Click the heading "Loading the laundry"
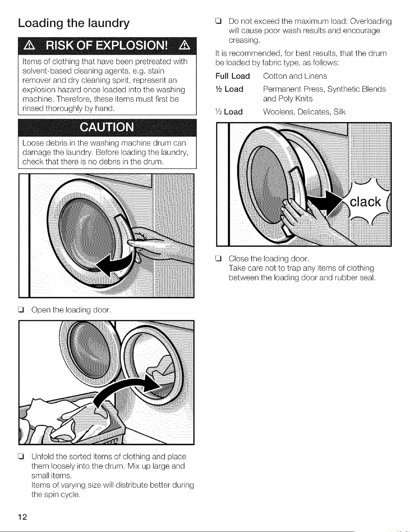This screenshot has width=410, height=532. pyautogui.click(x=74, y=24)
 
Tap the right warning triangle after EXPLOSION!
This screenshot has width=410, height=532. pyautogui.click(x=184, y=46)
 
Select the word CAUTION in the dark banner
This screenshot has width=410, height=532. pyautogui.click(x=107, y=127)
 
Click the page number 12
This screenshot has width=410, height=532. pyautogui.click(x=22, y=516)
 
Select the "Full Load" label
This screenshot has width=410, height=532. pyautogui.click(x=233, y=76)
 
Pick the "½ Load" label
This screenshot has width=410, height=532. pyautogui.click(x=229, y=89)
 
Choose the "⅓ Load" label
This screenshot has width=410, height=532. pyautogui.click(x=229, y=112)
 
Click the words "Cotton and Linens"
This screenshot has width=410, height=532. pyautogui.click(x=295, y=76)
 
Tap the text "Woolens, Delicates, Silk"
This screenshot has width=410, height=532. pyautogui.click(x=304, y=112)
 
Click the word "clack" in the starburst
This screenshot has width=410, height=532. pyautogui.click(x=365, y=202)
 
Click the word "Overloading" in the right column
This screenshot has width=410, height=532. pyautogui.click(x=371, y=22)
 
